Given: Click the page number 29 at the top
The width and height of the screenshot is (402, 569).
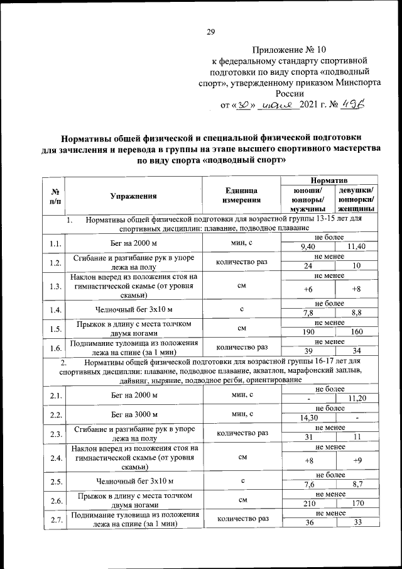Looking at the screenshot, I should pos(211,33).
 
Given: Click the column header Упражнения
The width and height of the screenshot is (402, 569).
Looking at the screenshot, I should pos(133,196).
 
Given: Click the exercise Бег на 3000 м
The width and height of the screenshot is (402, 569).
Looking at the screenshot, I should pos(133,416).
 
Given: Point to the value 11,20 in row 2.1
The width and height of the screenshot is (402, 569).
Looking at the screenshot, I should pos(356,398).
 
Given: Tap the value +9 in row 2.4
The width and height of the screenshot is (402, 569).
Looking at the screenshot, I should pos(356,460).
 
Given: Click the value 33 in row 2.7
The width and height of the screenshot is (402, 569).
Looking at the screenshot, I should pos(356,524).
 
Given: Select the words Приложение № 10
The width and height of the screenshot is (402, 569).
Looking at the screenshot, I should pos(290,49).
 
